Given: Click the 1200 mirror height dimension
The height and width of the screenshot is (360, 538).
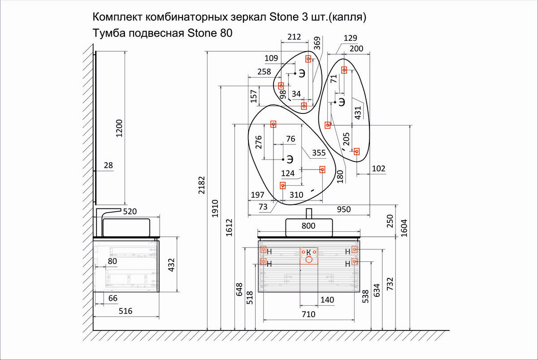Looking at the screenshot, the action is tap(119, 128).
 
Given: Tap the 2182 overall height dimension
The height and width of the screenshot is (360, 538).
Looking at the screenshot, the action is tap(201, 185).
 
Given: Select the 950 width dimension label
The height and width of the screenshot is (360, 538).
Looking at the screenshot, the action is tap(344, 209).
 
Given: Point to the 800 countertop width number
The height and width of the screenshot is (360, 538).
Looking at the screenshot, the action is tap(308, 226).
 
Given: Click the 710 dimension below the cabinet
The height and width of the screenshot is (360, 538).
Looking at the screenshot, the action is tap(308, 314).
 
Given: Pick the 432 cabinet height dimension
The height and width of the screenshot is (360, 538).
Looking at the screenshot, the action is tap(171, 265).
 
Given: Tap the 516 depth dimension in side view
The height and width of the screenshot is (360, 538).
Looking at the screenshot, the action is tap(126, 311).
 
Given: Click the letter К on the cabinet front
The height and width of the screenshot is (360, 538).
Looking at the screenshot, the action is tap(308, 252).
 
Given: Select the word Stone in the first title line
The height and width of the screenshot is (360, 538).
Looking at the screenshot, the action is tap(284, 17).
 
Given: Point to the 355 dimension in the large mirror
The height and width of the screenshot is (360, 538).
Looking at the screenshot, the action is tap(319, 153).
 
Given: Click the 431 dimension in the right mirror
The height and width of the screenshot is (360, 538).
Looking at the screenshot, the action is tap(358, 113).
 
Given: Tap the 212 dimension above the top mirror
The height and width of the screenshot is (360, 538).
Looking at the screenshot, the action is tap(294, 37).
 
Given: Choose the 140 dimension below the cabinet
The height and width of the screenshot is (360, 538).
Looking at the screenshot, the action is tap(327, 300).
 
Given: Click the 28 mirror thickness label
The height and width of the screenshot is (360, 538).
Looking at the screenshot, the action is tap(108, 165).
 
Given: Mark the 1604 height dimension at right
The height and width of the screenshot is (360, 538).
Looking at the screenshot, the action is tap(404, 228).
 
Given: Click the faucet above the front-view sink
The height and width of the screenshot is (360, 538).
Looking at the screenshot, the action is tap(309, 213).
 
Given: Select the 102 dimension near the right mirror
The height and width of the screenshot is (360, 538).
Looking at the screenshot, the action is tap(378, 169).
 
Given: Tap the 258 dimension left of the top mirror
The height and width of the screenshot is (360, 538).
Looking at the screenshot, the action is tap(264, 72).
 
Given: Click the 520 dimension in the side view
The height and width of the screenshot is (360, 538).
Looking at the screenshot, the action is tap(130, 211).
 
